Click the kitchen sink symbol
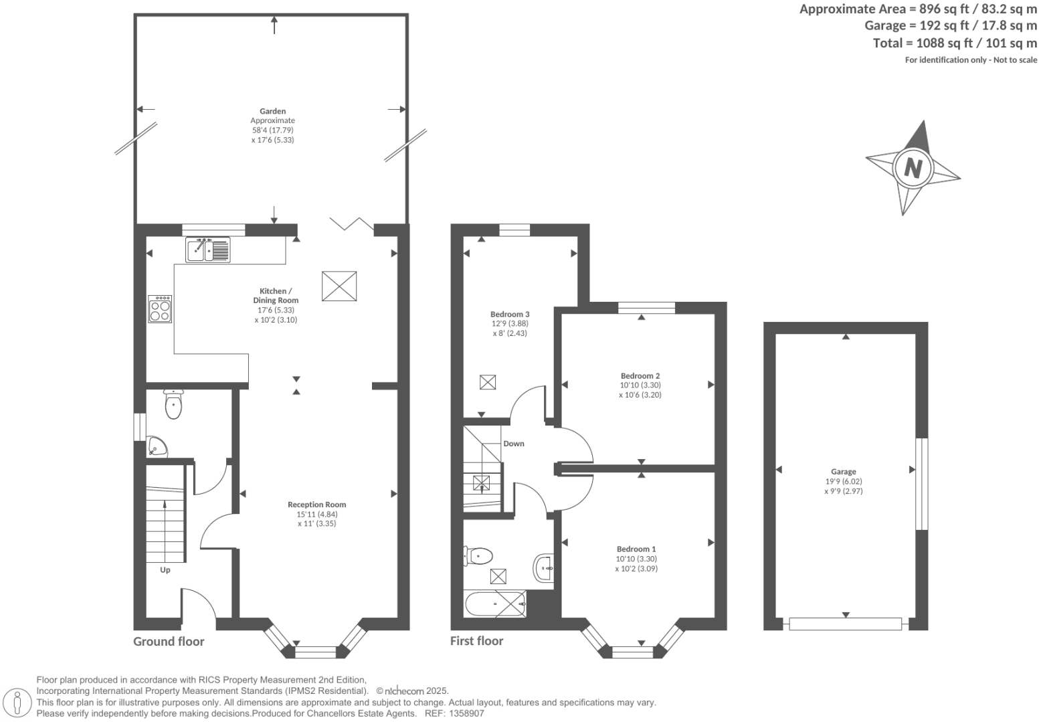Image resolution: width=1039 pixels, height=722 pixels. click(x=208, y=250)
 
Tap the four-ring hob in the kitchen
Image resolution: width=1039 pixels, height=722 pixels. click(x=161, y=309)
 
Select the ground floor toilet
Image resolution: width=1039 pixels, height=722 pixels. click(x=173, y=404)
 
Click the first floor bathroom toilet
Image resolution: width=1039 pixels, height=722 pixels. click(x=479, y=555)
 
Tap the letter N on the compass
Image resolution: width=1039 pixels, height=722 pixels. click(x=913, y=167)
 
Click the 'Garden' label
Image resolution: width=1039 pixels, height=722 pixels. click(x=273, y=111)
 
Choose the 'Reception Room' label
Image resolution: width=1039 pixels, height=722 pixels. click(x=317, y=505)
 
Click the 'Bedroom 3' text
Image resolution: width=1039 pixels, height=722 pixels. click(x=510, y=314)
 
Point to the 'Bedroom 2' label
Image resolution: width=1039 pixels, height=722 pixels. click(x=640, y=375)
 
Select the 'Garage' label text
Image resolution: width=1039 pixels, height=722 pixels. click(x=844, y=472)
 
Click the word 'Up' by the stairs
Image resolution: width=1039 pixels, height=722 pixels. click(x=165, y=570)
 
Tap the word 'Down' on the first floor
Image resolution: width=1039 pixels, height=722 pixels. click(x=514, y=444)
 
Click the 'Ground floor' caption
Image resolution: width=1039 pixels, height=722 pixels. click(x=169, y=642)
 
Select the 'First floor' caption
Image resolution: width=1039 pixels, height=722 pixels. click(x=476, y=641)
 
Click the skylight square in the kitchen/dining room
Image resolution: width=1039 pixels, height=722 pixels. click(x=339, y=287)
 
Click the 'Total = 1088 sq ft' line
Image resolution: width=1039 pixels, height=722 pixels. click(x=955, y=43)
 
